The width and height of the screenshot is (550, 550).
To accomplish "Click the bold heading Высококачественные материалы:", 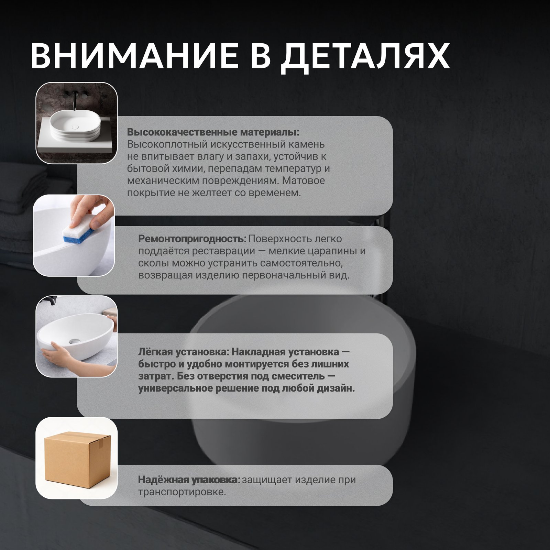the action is [213, 132].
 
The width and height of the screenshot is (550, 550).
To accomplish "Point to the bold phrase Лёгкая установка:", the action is [184, 352].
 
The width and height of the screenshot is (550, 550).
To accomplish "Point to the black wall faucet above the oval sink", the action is [73, 100].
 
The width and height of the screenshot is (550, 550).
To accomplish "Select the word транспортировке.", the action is [182, 492].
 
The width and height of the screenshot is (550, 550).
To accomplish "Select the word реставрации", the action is [223, 251].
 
